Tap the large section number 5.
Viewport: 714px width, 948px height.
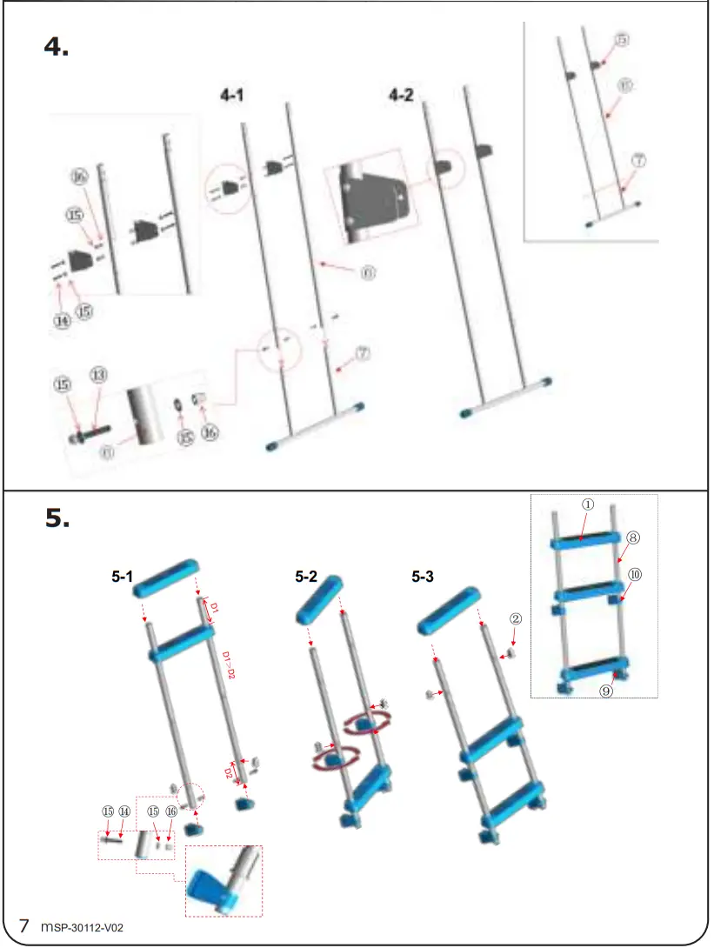click(57, 518)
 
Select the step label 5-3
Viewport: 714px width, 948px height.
click(425, 577)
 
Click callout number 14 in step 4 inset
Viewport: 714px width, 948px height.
click(62, 320)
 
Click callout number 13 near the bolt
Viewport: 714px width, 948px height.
click(100, 374)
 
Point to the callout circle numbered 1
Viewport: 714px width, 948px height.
click(588, 504)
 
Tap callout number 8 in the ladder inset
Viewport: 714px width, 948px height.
click(633, 537)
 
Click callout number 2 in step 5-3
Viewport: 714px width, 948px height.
click(515, 619)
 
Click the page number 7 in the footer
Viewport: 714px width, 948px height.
click(25, 925)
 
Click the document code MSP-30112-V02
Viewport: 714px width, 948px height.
click(83, 927)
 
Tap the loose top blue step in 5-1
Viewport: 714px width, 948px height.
click(165, 578)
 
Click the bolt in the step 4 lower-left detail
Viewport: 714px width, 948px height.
click(91, 430)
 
